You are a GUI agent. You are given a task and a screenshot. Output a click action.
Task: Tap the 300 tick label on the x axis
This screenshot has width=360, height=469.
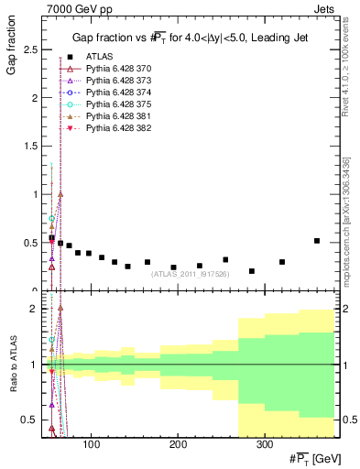(x=264, y=446)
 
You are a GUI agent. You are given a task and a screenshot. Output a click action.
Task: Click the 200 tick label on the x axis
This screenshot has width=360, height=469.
(x=178, y=446)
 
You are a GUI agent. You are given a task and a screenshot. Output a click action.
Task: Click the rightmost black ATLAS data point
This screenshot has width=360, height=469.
(x=317, y=241)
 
